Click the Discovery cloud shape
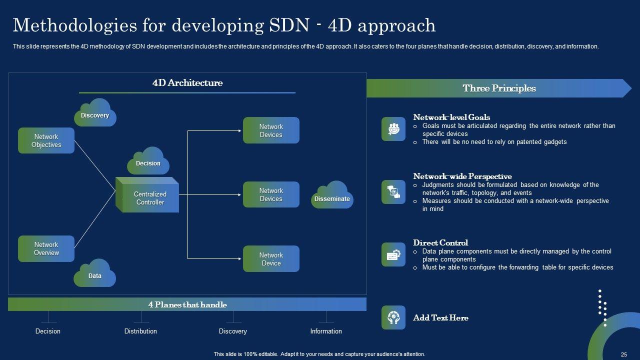(95, 112)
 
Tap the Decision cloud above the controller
(148, 161)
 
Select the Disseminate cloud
(332, 195)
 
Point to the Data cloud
(95, 273)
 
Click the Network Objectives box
(46, 140)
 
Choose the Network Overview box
(46, 248)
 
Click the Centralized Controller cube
(147, 195)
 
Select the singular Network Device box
(271, 259)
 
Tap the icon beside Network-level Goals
(393, 129)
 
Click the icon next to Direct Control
(393, 254)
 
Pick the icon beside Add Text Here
(393, 317)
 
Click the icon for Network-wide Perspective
(393, 192)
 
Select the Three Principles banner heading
(499, 88)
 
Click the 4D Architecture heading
(187, 83)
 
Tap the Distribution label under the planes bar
(140, 331)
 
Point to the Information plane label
(326, 331)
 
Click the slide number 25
(624, 354)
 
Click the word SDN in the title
(289, 25)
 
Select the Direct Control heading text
(440, 243)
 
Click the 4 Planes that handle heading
(187, 304)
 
